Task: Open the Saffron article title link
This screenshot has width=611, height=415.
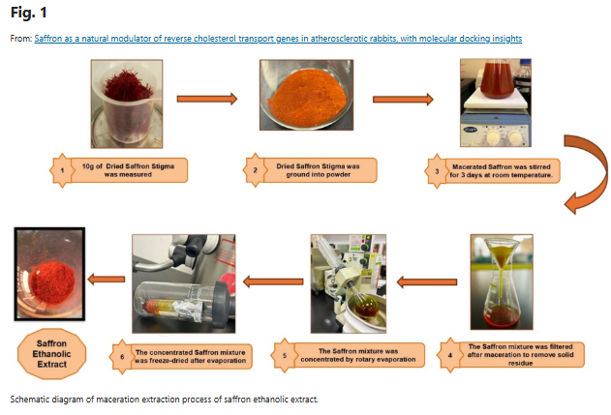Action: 278,39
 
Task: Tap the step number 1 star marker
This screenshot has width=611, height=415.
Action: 62,170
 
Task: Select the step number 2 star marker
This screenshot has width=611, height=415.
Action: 255,170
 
